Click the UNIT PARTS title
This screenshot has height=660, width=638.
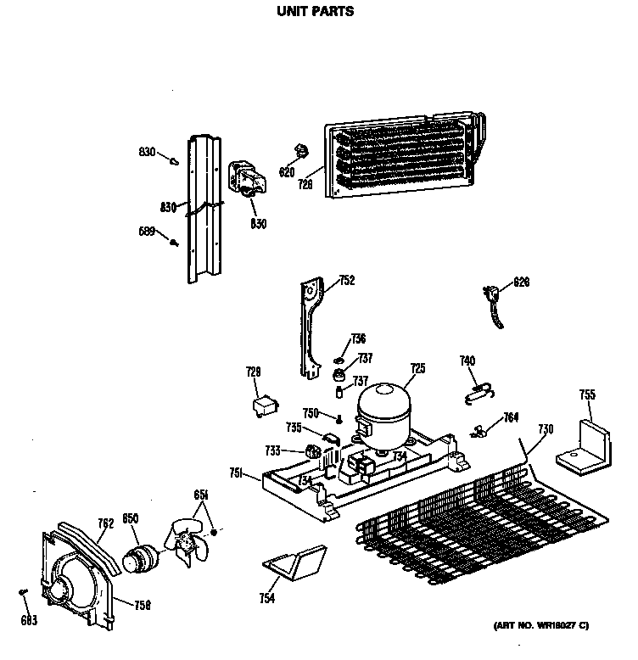[315, 13]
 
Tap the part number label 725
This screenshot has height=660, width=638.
[417, 368]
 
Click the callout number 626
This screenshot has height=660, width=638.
[521, 282]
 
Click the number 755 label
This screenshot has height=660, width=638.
[587, 394]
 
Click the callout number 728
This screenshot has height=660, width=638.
[254, 372]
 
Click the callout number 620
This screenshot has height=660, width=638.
[287, 172]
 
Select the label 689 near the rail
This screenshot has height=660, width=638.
[146, 231]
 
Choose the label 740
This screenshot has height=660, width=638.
[467, 361]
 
